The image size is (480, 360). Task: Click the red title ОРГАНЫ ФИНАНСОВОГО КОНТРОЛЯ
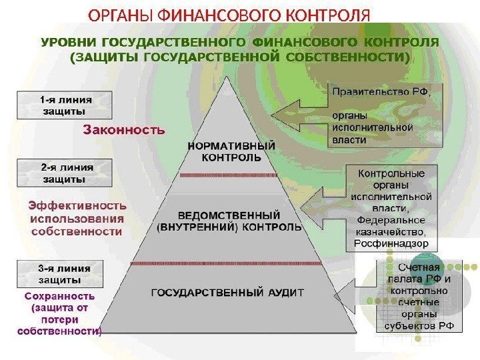pyautogui.click(x=229, y=14)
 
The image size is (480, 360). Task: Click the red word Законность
pyautogui.click(x=124, y=131)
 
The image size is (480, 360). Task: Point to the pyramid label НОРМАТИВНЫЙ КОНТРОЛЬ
pyautogui.click(x=231, y=152)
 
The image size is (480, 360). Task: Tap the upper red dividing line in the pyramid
pyautogui.click(x=229, y=175)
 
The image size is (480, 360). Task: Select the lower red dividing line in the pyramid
pyautogui.click(x=229, y=263)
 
